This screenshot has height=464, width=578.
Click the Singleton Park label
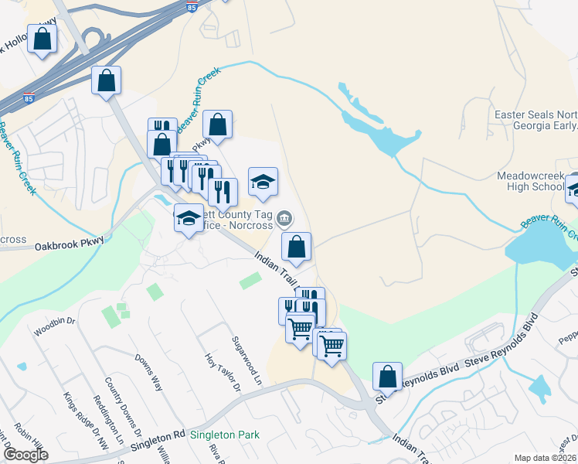pyautogui.click(x=224, y=435)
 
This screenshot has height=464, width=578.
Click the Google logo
pyautogui.click(x=25, y=455)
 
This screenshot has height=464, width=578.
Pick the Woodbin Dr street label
pyautogui.click(x=54, y=327)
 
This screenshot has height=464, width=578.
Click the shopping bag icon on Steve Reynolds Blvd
pyautogui.click(x=388, y=377)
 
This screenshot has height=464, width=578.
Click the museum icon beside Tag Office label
pyautogui.click(x=285, y=218)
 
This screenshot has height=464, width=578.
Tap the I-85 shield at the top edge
pyautogui.click(x=192, y=6)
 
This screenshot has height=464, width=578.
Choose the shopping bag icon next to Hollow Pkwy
pyautogui.click(x=42, y=39)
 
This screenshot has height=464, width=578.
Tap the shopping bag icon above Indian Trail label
pyautogui.click(x=296, y=247)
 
